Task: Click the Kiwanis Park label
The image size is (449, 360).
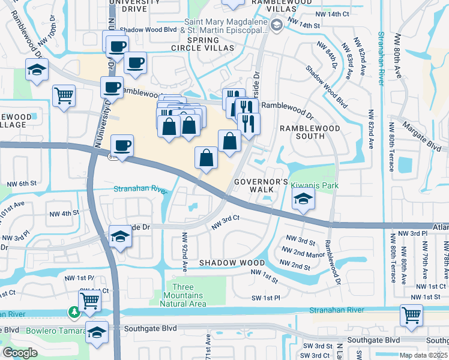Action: [x=315, y=186]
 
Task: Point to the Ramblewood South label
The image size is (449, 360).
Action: [x=309, y=132]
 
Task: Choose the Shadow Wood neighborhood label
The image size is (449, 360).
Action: [x=232, y=263]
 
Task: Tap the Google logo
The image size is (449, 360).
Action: [x=20, y=352]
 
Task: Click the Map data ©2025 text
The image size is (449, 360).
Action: [x=424, y=355]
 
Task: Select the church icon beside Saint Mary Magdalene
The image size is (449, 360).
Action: [x=276, y=25]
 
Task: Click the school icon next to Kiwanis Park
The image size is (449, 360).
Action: [x=304, y=200]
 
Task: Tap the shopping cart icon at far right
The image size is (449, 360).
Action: [x=411, y=316]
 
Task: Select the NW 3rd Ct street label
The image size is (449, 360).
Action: [x=226, y=221]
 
